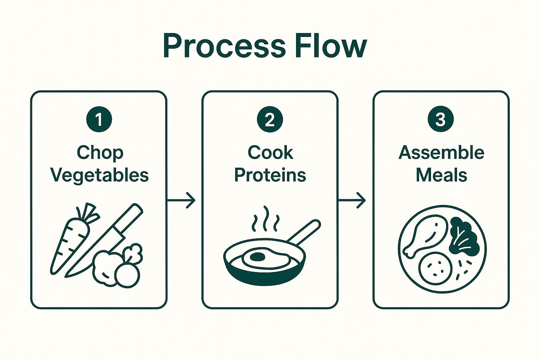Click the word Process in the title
(224, 46)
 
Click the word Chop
(100, 153)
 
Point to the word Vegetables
(100, 175)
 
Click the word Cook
(270, 153)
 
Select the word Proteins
(270, 175)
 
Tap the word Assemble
(441, 153)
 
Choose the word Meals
(441, 175)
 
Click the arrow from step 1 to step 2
(181, 200)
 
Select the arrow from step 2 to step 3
(352, 200)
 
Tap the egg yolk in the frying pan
(258, 257)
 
